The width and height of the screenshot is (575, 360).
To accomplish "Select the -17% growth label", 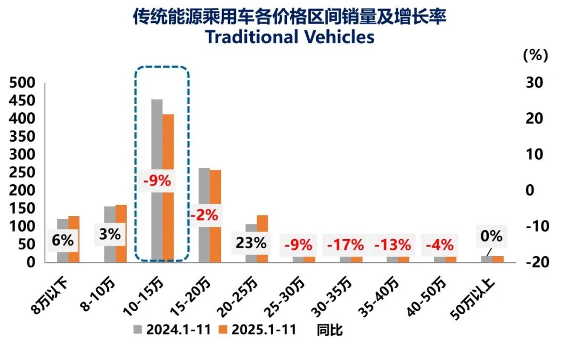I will point(345,245).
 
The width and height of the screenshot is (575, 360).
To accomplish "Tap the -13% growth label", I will point(392,245).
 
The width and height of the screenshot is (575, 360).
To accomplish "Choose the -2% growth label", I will point(203,215).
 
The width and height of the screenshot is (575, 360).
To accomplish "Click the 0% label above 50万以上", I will point(491,235).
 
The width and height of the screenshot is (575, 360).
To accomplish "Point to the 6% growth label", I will point(62,240).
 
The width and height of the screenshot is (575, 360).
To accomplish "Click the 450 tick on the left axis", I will point(22,101).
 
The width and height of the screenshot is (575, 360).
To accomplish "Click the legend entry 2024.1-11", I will point(176,330).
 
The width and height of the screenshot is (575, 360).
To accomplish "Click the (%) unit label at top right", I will point(535,54).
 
